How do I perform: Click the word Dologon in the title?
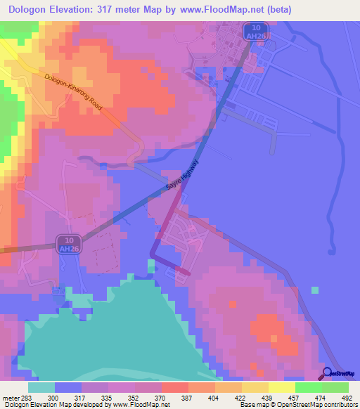point(34,10)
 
